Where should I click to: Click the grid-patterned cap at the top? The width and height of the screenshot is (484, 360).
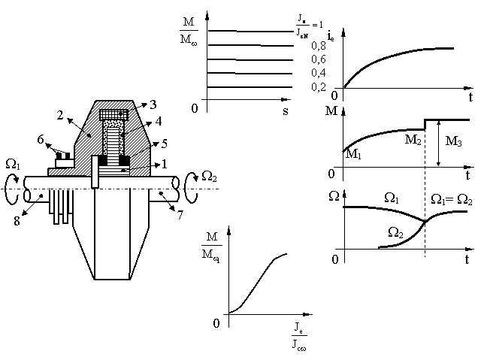tap(113, 115)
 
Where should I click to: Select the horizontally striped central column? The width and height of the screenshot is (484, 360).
tap(113, 147)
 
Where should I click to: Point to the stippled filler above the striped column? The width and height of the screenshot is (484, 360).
tap(113, 124)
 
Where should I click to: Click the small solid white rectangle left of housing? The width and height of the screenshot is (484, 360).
tap(65, 163)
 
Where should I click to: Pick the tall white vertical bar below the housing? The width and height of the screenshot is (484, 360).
tap(95, 171)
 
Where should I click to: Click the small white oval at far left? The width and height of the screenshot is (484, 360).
tap(27, 195)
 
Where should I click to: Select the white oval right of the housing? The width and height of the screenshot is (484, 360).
tap(175, 183)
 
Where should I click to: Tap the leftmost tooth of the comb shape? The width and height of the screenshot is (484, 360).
tap(52, 201)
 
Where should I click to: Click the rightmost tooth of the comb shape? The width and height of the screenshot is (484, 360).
tap(71, 201)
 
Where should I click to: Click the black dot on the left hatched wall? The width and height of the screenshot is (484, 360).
tap(89, 135)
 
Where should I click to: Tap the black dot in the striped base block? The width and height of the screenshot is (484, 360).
tap(123, 171)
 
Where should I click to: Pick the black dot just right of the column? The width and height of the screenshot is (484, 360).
tap(123, 135)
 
